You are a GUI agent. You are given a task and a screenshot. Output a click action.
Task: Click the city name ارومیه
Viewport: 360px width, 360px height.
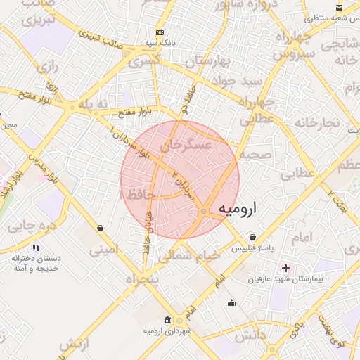click(238, 209)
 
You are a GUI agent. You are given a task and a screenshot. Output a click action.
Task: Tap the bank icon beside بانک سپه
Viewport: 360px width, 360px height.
click(160, 32)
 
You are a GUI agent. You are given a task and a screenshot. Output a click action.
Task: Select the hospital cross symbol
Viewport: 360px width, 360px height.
click(285, 268)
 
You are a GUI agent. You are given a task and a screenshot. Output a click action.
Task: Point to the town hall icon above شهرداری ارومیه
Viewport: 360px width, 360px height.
click(167, 320)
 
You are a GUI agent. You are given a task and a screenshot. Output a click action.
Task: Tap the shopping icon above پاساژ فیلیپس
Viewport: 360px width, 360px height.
click(252, 237)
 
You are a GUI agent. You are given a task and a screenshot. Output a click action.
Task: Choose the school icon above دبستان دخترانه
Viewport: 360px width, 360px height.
click(36, 247)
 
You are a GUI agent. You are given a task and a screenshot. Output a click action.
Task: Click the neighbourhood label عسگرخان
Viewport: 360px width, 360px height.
click(186, 146)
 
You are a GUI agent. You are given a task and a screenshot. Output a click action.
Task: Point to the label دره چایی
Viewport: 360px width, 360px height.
click(31, 226)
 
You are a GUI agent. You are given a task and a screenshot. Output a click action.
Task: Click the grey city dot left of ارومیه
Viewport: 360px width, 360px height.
click(204, 211)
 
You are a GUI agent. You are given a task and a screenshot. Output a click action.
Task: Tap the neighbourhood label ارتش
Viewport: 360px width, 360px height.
click(75, 345)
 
